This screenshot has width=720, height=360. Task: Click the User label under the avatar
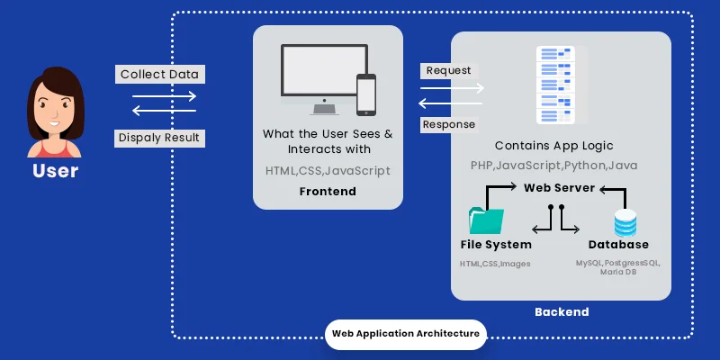[x=55, y=170]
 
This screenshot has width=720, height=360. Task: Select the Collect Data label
[x=160, y=74]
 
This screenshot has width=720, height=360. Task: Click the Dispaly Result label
[x=160, y=138]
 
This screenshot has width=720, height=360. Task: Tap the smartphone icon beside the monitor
[x=365, y=93]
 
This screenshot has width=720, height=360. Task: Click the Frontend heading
[x=328, y=192]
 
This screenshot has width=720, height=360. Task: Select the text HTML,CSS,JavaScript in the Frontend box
[x=328, y=170]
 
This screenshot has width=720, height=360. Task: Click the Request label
[x=447, y=70]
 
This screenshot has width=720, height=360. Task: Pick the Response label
[x=449, y=124]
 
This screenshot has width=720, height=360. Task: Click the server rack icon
[x=555, y=85]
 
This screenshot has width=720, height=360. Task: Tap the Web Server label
[x=559, y=187]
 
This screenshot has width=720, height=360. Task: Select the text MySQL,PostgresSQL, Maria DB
[x=618, y=267]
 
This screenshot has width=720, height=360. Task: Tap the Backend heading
[x=561, y=311]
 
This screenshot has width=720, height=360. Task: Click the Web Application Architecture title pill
[x=405, y=333]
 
